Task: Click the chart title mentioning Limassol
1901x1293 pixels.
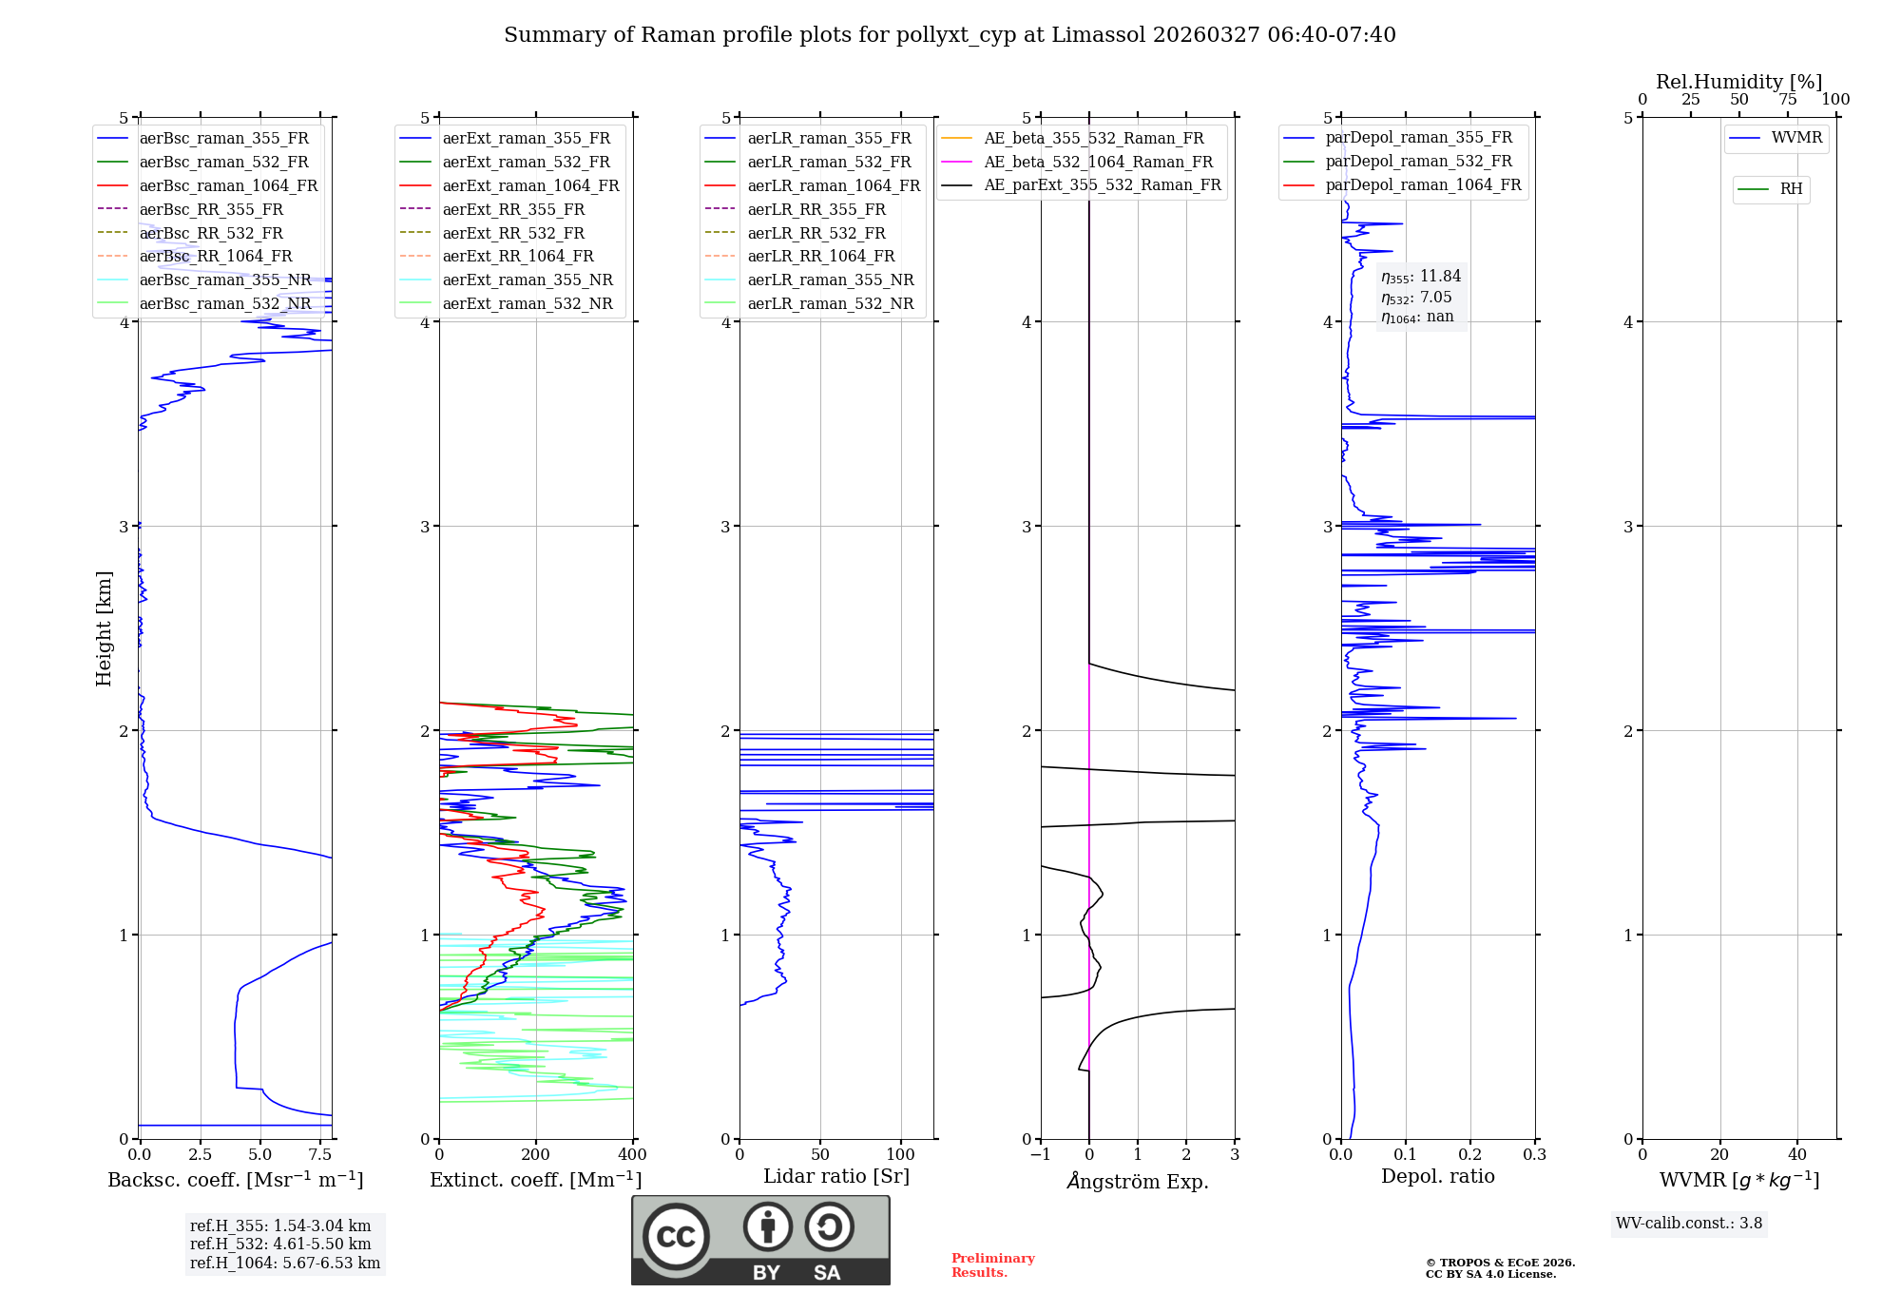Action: pyautogui.click(x=950, y=35)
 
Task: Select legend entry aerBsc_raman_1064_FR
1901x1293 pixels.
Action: pyautogui.click(x=228, y=185)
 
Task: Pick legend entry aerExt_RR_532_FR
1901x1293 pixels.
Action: pyautogui.click(x=513, y=233)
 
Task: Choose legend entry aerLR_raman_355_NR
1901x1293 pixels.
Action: pyautogui.click(x=830, y=280)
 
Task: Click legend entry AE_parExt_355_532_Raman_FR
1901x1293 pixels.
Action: pyautogui.click(x=1102, y=184)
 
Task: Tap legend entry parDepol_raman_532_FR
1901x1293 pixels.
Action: pyautogui.click(x=1418, y=162)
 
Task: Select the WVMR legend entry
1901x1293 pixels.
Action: pyautogui.click(x=1796, y=138)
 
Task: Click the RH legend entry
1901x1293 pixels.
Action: pyautogui.click(x=1791, y=189)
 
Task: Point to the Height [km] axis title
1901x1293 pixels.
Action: pyautogui.click(x=104, y=627)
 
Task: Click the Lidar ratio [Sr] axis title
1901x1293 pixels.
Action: pyautogui.click(x=836, y=1176)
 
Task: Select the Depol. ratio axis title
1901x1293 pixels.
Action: pyautogui.click(x=1437, y=1176)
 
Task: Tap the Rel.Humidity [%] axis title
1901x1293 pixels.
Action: pyautogui.click(x=1738, y=82)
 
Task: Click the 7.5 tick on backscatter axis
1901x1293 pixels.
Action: pyautogui.click(x=320, y=1155)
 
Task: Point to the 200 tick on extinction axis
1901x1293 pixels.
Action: pyautogui.click(x=536, y=1155)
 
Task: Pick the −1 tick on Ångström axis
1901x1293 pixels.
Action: pyautogui.click(x=1041, y=1155)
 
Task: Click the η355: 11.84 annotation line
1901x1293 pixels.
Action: pyautogui.click(x=1421, y=277)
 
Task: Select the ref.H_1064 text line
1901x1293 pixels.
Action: pyautogui.click(x=285, y=1263)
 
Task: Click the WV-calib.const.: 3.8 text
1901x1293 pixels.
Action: pyautogui.click(x=1688, y=1224)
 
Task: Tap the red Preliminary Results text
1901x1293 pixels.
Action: pyautogui.click(x=992, y=1265)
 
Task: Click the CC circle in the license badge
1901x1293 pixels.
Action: pyautogui.click(x=676, y=1237)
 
